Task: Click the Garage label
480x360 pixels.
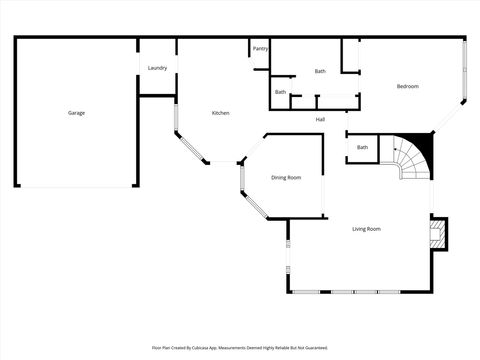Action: point(76,113)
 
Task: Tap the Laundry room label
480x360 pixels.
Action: point(157,68)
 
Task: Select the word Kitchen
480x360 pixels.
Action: point(221,113)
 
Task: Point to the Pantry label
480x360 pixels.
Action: point(260,48)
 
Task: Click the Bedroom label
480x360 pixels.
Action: point(407,87)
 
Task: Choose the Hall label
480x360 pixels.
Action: point(320,120)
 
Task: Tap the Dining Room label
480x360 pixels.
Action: point(286,178)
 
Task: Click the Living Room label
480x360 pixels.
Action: point(366,229)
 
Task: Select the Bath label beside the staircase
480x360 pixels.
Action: point(362,148)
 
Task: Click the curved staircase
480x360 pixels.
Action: point(410,160)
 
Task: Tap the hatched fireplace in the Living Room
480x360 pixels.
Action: point(438,234)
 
